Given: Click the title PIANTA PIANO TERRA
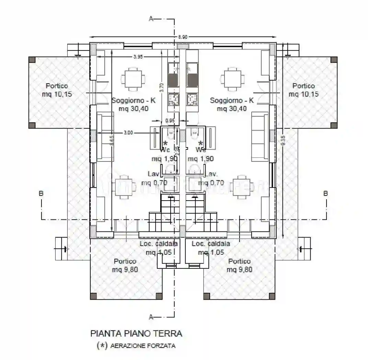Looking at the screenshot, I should tap(136, 333).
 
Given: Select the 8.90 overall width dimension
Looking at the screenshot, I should tap(183, 37).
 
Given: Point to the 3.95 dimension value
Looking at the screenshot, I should tap(138, 57).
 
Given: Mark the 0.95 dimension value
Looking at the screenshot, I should tap(170, 121).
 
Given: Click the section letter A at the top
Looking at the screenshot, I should tap(150, 19).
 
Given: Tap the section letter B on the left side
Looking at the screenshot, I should tap(41, 194).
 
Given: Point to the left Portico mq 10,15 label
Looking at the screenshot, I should tap(57, 90).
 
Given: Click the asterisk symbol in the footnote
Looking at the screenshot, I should tap(101, 346).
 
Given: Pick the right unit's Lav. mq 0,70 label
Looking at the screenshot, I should tap(210, 178).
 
